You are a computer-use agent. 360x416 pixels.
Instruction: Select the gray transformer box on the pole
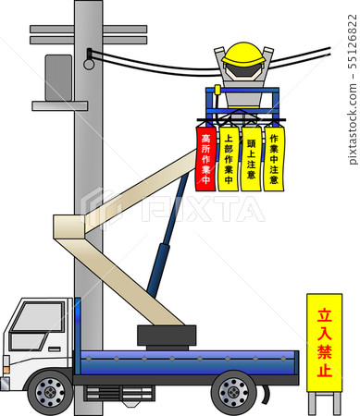[57, 78]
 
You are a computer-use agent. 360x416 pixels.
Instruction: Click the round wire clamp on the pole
[89, 63]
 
